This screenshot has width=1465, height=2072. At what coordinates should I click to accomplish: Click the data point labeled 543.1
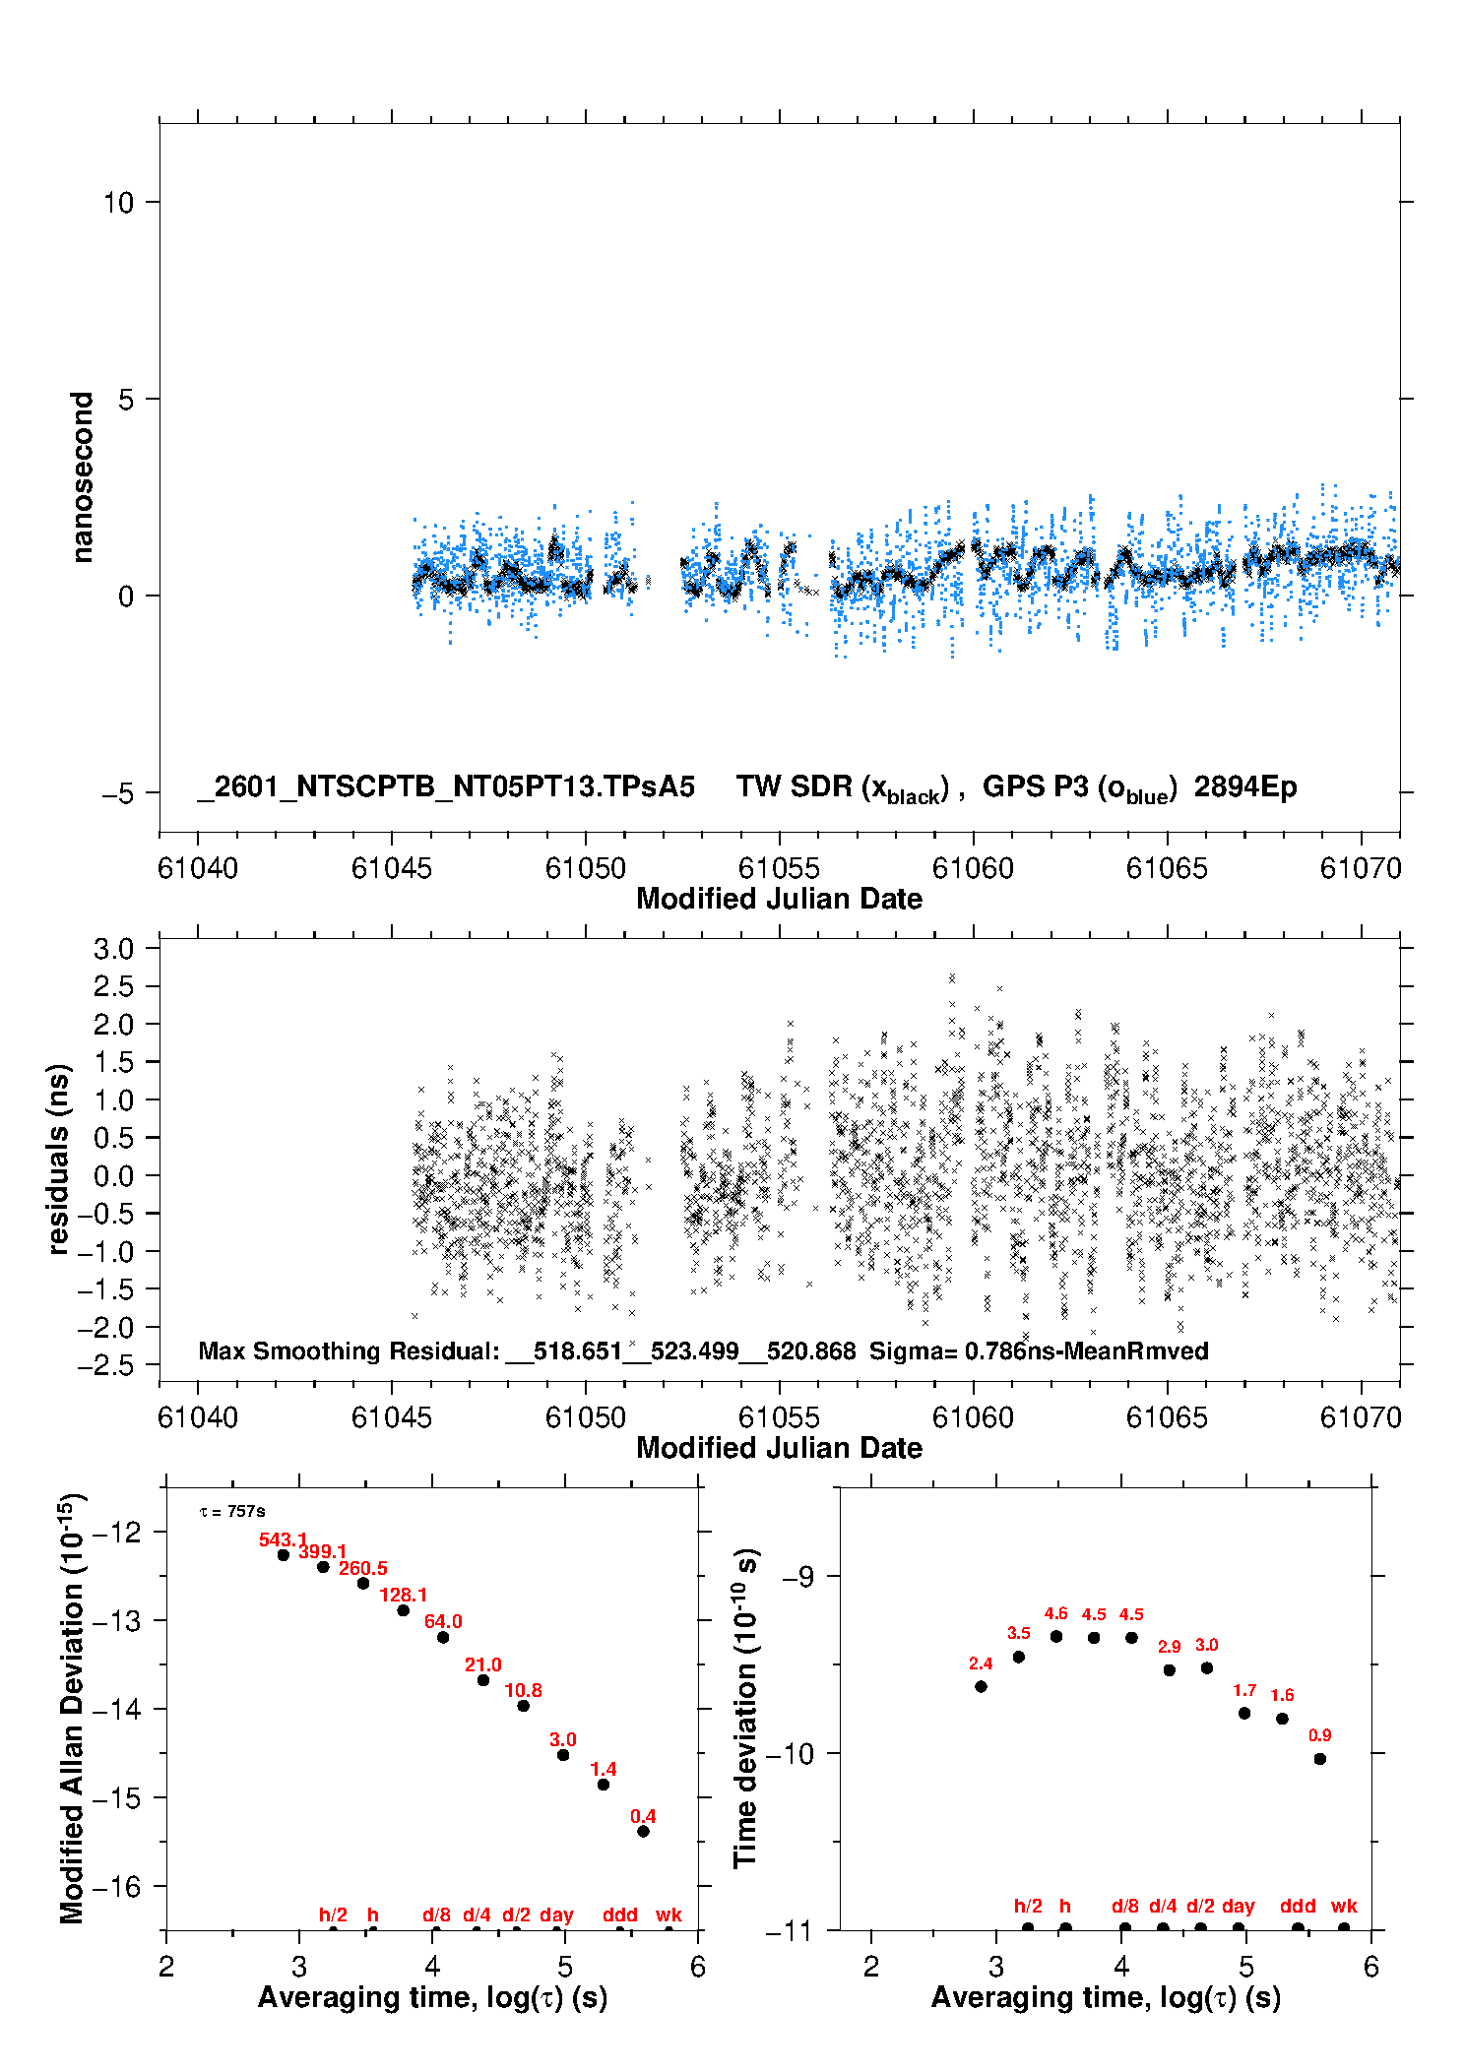[x=284, y=1555]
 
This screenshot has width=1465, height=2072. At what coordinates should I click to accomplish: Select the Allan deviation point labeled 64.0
[x=443, y=1637]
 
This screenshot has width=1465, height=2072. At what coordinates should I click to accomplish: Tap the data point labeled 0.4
[x=643, y=1832]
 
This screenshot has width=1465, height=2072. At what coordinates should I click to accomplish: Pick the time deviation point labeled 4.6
[x=1056, y=1636]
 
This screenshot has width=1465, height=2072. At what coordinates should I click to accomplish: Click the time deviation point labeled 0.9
[x=1320, y=1759]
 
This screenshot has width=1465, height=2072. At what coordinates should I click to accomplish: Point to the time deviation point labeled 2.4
[x=981, y=1686]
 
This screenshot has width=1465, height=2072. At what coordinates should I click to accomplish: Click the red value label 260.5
[x=363, y=1568]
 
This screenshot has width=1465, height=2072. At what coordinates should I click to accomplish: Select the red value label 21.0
[x=483, y=1664]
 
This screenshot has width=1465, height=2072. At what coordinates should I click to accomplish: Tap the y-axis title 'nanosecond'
[x=82, y=477]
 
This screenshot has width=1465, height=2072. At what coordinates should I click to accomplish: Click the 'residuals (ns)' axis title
[x=58, y=1159]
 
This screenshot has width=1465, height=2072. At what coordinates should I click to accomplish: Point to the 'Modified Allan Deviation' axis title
[x=71, y=1708]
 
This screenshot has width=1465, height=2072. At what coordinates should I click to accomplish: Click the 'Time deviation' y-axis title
[x=745, y=1708]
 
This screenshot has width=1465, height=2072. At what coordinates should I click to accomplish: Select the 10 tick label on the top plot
[x=118, y=203]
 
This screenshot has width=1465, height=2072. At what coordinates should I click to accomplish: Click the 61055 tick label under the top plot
[x=779, y=868]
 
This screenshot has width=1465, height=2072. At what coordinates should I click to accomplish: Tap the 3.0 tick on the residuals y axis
[x=113, y=949]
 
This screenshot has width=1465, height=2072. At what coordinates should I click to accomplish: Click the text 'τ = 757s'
[x=232, y=1512]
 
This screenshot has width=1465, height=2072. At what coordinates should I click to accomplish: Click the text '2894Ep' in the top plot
[x=1245, y=787]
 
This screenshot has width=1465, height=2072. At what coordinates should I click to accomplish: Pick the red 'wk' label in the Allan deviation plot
[x=669, y=1915]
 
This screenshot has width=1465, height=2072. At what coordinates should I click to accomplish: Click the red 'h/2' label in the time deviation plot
[x=1028, y=1906]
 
